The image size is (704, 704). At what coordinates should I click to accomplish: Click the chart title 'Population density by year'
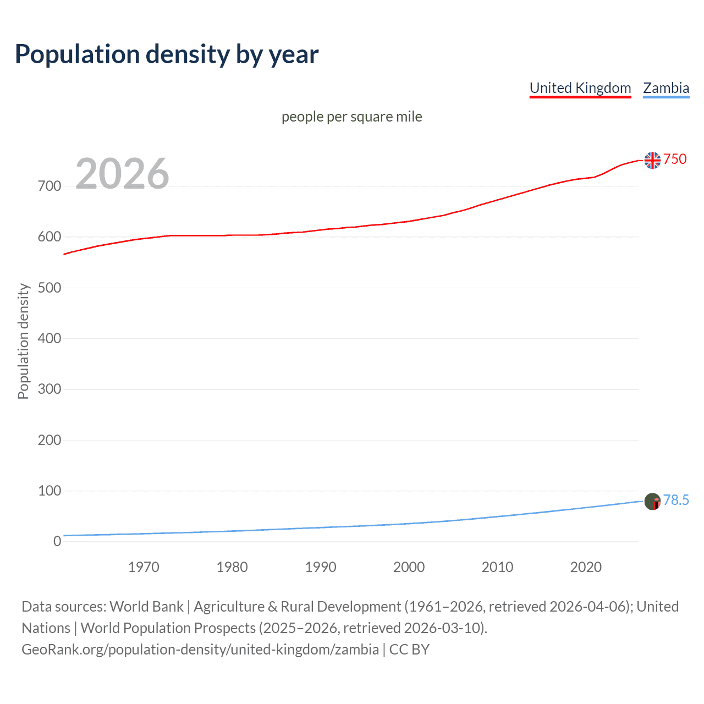point(167,54)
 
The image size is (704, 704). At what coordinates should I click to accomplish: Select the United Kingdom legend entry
point(580,88)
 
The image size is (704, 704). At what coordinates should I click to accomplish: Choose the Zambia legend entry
point(666,88)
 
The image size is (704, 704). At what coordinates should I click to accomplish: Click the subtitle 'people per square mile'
point(351,117)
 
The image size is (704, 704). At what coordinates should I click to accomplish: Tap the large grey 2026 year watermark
point(122,174)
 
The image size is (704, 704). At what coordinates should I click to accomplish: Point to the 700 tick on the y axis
point(50,186)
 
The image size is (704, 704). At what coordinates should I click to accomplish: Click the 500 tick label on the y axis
point(50,288)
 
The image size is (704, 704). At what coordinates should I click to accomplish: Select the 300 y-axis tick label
point(50,389)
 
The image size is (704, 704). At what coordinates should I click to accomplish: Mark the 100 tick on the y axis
point(50,491)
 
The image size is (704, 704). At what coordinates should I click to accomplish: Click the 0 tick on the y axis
point(57,542)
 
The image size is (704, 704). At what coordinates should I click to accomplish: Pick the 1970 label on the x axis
point(144,567)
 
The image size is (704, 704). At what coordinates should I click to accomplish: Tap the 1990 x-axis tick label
point(321,567)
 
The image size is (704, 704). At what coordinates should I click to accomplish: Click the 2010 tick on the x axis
point(497,567)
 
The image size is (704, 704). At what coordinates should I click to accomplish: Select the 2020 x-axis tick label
point(586,567)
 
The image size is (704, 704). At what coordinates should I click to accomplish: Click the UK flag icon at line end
point(652,160)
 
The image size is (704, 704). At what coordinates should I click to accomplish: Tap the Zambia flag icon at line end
point(652,501)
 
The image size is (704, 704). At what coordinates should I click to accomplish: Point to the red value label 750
point(675,159)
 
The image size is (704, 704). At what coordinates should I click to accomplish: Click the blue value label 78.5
point(676,500)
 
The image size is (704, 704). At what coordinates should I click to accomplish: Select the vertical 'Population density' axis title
point(23,341)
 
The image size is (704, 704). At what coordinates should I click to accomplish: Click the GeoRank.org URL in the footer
point(200,650)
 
